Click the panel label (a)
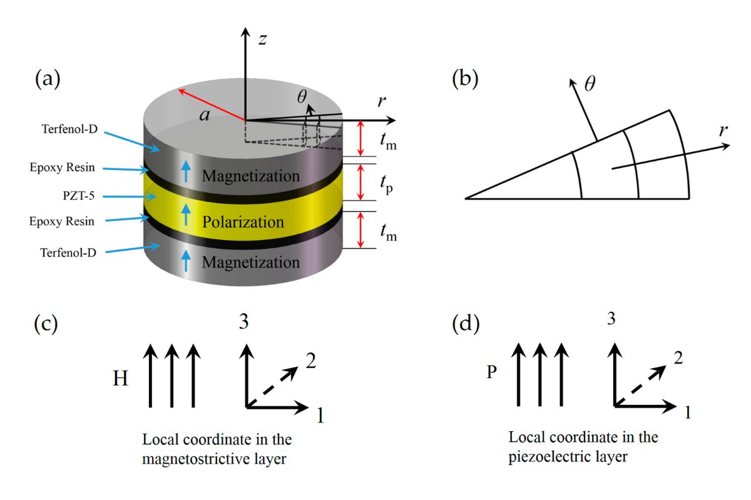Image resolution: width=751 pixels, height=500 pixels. [x=48, y=81]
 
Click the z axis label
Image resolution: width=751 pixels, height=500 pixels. [x=263, y=39]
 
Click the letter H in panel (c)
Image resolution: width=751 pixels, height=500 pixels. [x=121, y=379]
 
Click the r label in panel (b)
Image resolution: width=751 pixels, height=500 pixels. [x=724, y=131]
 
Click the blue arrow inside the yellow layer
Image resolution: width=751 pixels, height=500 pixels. [x=185, y=216]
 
